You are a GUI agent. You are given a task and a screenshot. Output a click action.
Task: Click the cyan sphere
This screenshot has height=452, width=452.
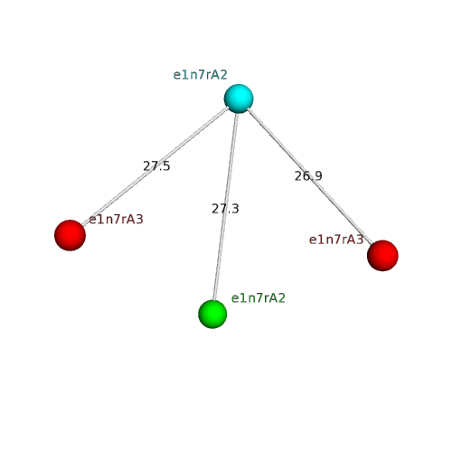239,99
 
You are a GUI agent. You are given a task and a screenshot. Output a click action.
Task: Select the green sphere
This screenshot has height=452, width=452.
212,314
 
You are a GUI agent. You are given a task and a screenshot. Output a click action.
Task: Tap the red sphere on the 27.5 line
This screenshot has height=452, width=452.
70,235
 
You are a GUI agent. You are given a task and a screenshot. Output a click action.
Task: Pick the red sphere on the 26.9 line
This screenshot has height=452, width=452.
382,256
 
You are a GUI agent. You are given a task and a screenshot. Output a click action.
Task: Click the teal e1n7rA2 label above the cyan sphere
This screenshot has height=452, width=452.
200,75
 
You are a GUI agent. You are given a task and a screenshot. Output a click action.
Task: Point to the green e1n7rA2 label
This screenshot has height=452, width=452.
258,298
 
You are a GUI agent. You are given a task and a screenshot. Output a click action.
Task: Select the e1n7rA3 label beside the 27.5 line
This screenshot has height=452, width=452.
116,220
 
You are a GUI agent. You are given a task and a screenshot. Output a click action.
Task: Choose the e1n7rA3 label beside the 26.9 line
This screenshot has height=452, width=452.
336,240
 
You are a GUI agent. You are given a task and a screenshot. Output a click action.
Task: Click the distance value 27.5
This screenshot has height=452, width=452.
156,166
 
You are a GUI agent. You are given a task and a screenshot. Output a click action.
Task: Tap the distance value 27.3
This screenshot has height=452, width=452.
225,209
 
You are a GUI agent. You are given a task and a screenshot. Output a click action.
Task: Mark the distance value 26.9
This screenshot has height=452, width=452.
308,176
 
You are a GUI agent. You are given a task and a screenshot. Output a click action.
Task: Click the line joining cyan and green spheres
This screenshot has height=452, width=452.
225,206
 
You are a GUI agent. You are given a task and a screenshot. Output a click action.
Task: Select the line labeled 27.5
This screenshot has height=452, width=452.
155,165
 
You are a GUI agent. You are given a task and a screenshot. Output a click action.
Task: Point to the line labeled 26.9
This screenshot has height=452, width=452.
310,176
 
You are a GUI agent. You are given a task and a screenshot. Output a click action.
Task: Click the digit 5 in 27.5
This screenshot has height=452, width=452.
166,166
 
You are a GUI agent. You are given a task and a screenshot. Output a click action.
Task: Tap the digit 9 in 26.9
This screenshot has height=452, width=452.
318,176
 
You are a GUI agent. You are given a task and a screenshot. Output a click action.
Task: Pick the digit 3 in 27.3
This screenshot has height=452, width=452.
235,209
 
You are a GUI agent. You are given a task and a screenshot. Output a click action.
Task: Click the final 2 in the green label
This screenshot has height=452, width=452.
281,298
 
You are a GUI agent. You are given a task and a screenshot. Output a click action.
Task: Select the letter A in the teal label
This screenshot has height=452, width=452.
215,75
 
